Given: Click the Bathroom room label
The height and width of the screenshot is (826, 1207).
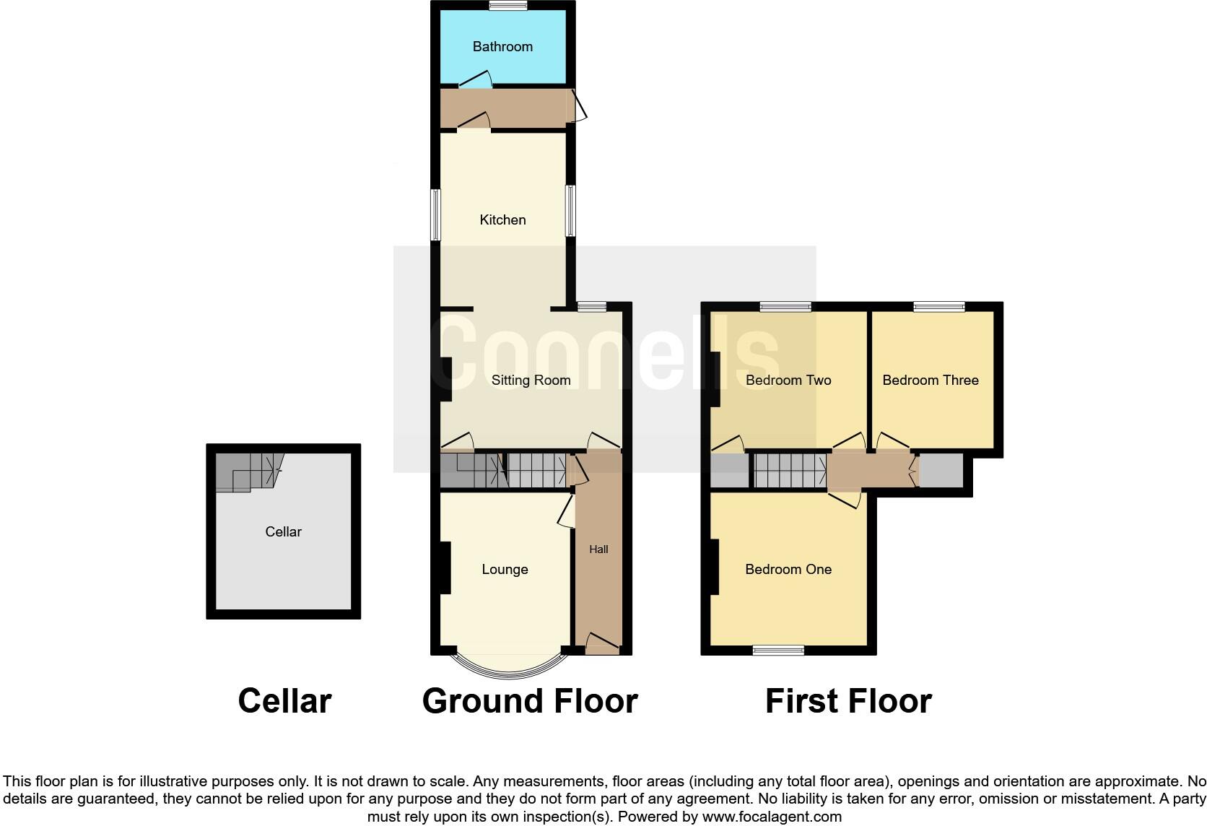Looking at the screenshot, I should [502, 47].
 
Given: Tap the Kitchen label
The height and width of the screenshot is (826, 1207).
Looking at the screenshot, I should [502, 220].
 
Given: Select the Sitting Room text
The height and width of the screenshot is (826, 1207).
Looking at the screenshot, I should [531, 381].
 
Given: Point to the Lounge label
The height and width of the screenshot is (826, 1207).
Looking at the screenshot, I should [505, 570].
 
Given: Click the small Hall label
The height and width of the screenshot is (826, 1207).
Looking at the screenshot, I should [598, 549].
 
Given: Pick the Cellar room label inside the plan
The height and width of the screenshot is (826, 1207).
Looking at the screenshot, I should [283, 532].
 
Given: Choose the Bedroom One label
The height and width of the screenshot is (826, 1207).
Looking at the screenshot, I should [788, 570].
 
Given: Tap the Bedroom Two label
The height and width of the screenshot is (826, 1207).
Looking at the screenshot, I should [788, 381].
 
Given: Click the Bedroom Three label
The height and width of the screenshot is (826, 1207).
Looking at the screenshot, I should [931, 381].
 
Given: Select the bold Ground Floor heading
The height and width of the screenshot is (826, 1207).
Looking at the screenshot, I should [530, 701].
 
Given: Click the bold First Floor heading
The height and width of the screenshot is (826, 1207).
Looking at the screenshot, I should [848, 701].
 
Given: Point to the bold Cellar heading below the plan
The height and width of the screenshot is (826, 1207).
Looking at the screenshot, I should [284, 701].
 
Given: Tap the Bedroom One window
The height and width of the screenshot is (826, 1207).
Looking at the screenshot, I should [778, 651].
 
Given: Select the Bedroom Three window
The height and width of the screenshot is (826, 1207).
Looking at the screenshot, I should [939, 307].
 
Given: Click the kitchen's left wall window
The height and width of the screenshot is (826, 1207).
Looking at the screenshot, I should [436, 214].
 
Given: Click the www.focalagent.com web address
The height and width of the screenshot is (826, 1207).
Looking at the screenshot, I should [772, 817].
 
